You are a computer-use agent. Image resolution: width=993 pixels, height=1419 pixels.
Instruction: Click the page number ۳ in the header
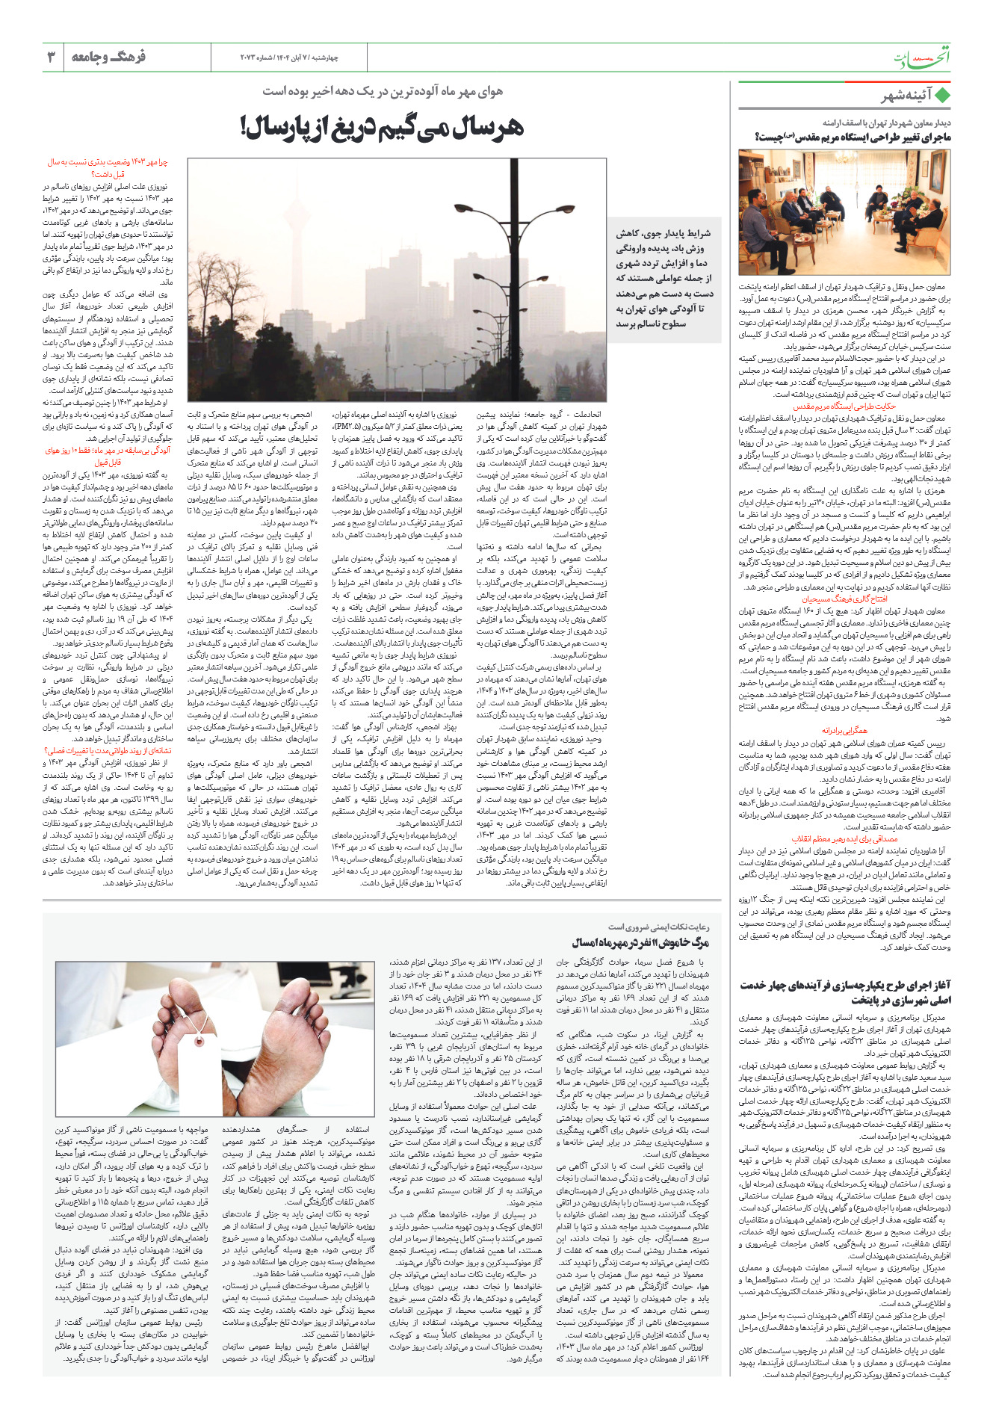(52, 57)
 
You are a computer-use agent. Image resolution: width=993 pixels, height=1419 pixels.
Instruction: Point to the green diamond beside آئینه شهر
(942, 96)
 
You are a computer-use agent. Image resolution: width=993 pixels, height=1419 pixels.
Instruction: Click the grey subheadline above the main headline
(382, 91)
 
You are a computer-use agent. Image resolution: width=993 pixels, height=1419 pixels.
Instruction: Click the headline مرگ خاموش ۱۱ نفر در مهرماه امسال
(640, 943)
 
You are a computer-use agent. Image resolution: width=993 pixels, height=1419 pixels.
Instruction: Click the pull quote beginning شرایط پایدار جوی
(663, 278)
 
